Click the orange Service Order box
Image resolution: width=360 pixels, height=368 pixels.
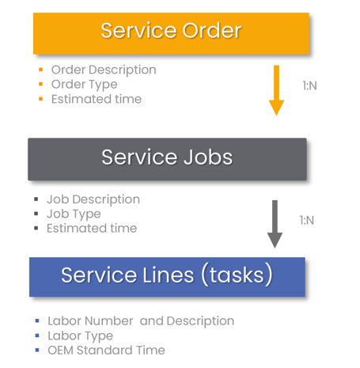click(171, 32)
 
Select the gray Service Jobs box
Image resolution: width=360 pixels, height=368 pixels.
click(167, 158)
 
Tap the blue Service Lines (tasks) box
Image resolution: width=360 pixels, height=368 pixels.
click(167, 276)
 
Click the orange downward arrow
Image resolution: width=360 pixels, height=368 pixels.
click(276, 89)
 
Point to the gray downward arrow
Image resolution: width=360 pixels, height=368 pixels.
click(275, 223)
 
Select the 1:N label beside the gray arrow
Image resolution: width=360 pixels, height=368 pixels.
click(307, 220)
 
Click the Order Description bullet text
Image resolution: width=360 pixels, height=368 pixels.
click(104, 70)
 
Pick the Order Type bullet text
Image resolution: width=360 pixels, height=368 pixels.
click(84, 84)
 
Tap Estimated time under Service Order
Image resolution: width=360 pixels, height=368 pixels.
click(96, 99)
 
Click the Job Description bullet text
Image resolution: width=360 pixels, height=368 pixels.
click(93, 199)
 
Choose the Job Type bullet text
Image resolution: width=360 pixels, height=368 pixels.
click(74, 214)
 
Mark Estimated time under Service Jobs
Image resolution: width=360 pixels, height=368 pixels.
click(92, 229)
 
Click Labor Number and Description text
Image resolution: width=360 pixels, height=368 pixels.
click(141, 321)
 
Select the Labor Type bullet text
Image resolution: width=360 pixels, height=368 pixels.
click(80, 336)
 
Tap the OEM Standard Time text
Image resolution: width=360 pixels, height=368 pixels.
click(106, 350)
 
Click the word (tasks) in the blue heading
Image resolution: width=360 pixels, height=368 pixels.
click(235, 275)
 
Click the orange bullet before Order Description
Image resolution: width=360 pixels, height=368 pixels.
click(40, 70)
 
